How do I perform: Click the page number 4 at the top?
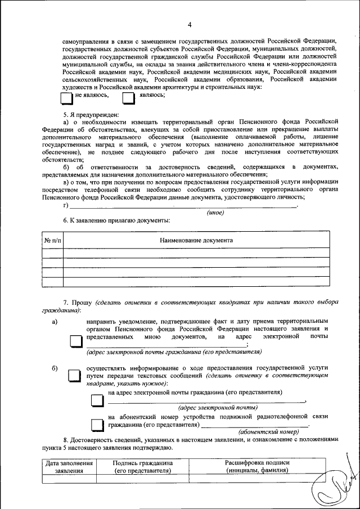point(190,24)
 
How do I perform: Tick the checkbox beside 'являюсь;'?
point(129,98)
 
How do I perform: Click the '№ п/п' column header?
point(52,240)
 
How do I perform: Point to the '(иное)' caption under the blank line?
point(216,212)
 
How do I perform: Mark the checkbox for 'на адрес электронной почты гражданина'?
point(97,399)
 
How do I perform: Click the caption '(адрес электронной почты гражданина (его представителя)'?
point(174,352)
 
